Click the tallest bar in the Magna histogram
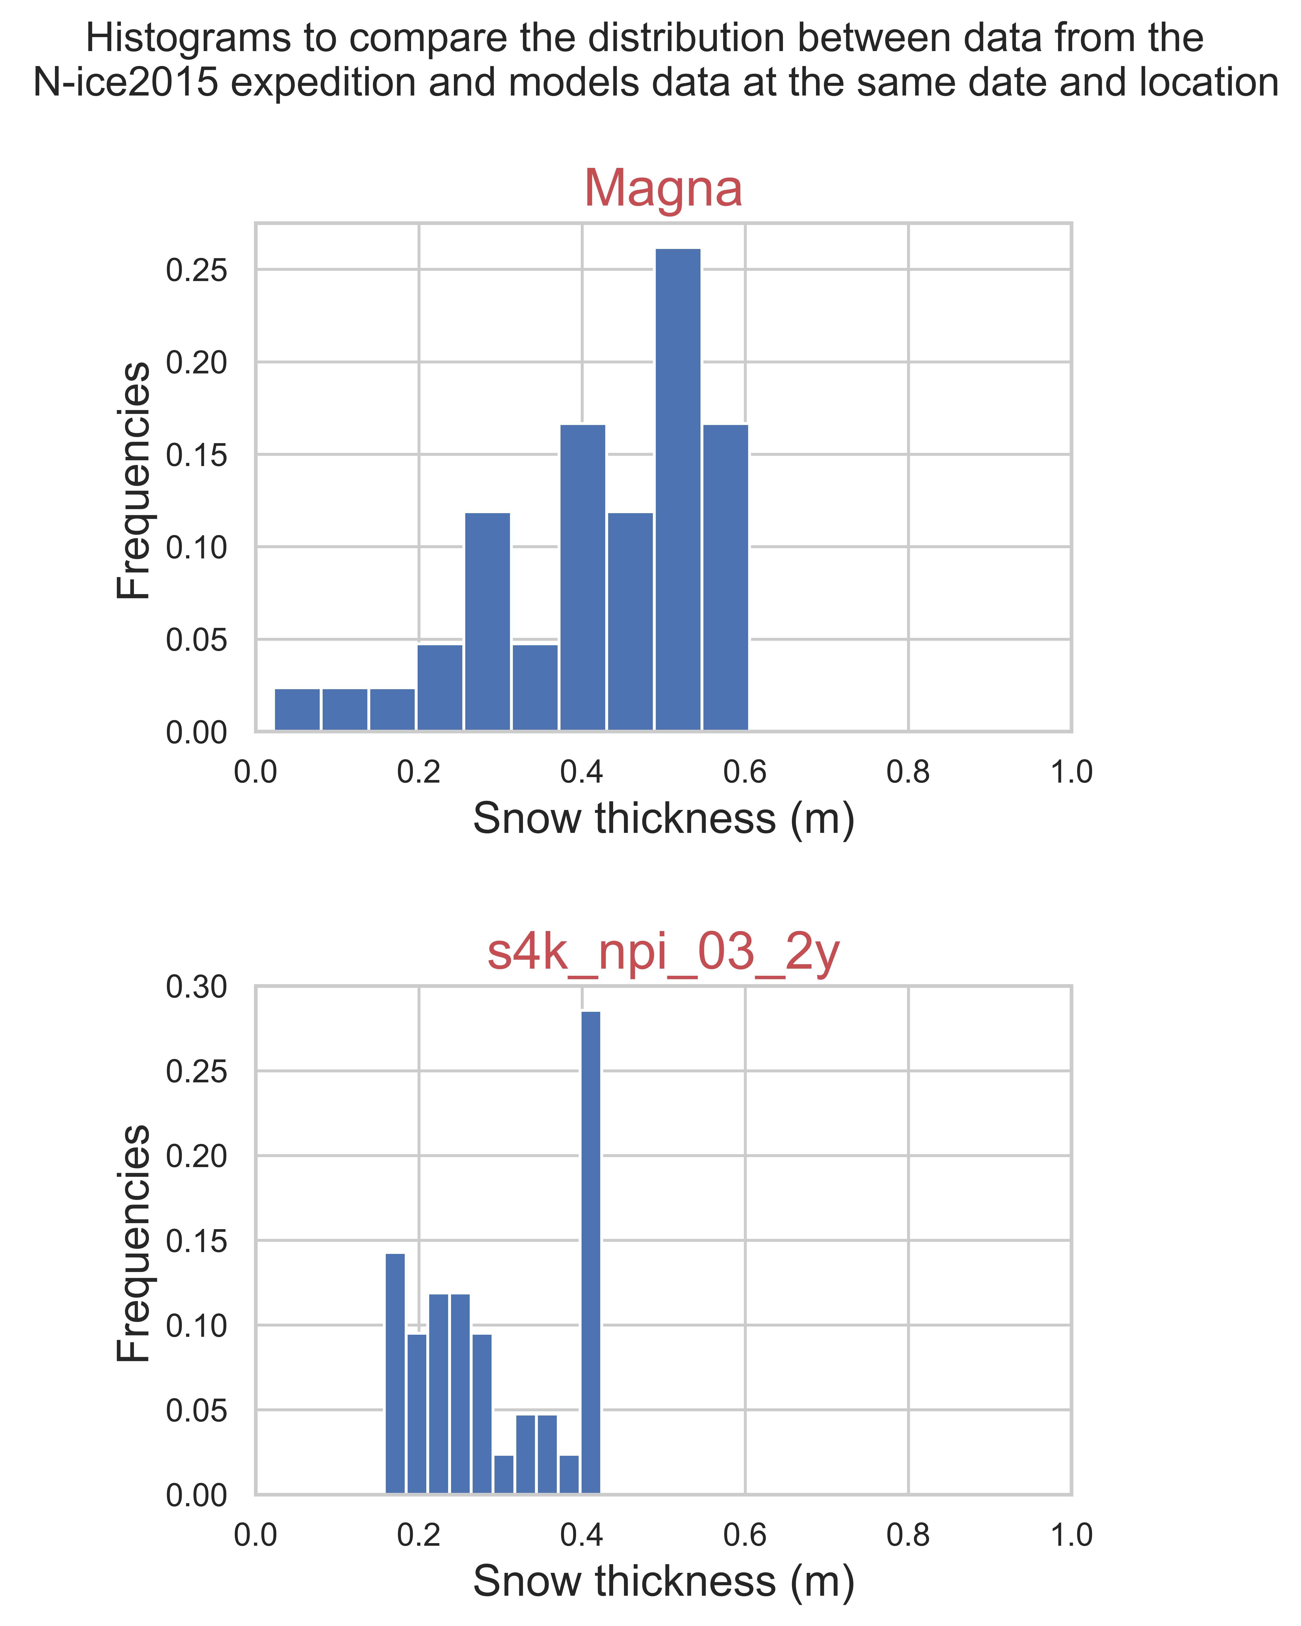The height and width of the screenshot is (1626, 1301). point(677,489)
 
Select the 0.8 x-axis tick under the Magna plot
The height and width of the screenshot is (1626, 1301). point(908,772)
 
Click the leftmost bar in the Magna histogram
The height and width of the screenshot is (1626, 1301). point(297,710)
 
